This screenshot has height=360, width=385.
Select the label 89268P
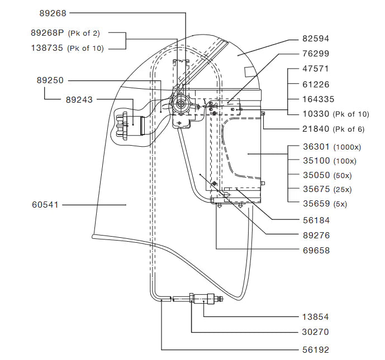tap(49, 33)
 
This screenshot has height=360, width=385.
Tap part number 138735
tap(49, 48)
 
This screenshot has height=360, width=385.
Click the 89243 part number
tap(79, 99)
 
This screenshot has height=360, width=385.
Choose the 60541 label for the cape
tap(47, 205)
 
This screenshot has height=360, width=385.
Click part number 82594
tap(316, 39)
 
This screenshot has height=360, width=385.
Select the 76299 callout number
tap(316, 54)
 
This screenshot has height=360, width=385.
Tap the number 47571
tap(316, 69)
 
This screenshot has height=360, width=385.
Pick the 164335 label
tap(318, 99)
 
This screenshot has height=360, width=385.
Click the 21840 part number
tap(316, 129)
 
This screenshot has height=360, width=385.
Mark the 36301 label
tap(316, 148)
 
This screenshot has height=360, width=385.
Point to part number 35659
tap(316, 204)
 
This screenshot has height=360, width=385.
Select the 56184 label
tap(316, 220)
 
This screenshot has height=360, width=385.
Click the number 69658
tap(316, 251)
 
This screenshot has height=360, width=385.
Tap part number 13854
tap(316, 316)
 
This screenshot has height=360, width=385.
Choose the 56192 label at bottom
tap(316, 350)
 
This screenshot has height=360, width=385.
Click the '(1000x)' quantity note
tap(349, 148)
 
